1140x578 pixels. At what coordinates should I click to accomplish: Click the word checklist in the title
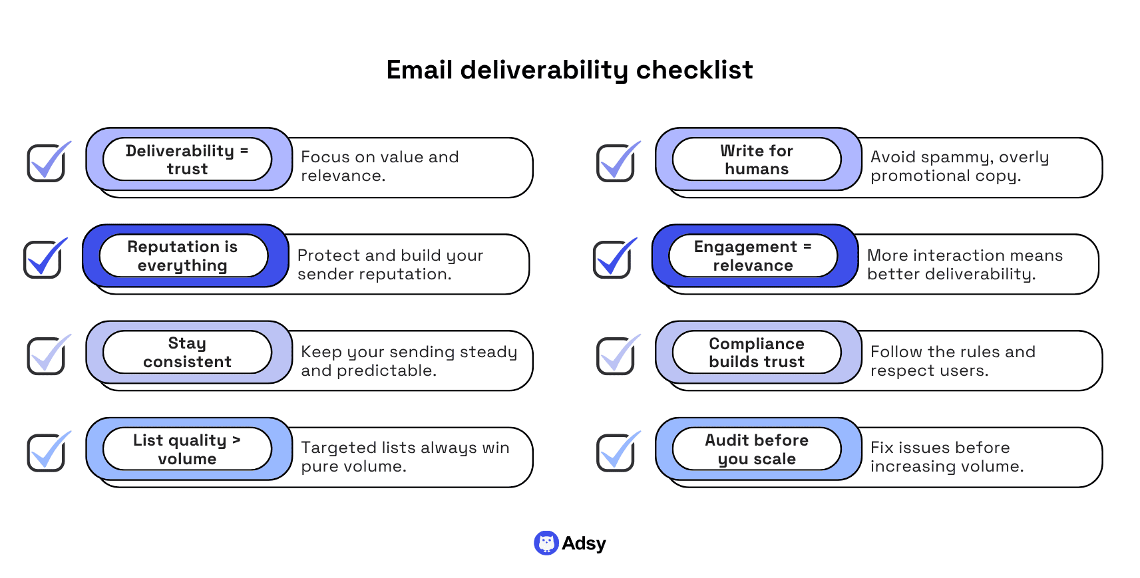694,70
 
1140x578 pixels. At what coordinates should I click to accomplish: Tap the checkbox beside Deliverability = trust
46,163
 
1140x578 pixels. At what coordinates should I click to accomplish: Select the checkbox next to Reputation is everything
43,259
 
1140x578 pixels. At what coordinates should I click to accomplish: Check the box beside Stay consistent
46,356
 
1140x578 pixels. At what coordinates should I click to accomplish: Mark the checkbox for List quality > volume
46,453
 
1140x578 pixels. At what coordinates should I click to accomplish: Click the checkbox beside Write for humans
616,163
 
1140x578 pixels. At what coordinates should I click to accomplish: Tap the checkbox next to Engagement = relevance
612,259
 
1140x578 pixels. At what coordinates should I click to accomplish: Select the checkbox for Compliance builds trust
616,356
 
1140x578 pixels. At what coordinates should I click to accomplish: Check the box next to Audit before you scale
616,453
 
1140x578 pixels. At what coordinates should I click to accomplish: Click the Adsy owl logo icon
546,543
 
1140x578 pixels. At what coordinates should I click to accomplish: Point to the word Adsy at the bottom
584,544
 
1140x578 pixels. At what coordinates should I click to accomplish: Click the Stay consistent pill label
187,353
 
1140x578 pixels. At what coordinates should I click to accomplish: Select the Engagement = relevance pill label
753,256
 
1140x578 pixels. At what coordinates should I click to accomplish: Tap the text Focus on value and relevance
379,166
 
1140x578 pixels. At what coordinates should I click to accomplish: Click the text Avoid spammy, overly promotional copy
959,166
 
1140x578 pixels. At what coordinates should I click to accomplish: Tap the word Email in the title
419,70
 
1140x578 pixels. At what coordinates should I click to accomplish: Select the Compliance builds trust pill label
757,353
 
